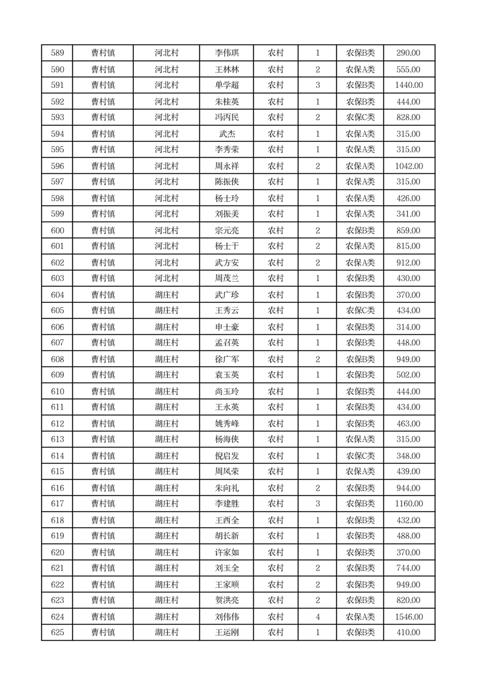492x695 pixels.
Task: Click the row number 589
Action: tap(57, 53)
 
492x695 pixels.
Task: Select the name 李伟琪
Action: tap(226, 53)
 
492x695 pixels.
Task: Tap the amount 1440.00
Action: tap(408, 85)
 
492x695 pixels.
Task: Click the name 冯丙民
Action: tap(226, 118)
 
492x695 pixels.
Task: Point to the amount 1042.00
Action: tap(408, 166)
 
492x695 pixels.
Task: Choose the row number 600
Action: tap(57, 230)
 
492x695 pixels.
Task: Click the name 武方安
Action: tap(226, 263)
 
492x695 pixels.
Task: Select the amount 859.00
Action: tap(408, 230)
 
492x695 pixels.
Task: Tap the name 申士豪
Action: tap(226, 327)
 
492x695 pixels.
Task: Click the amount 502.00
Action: tap(408, 375)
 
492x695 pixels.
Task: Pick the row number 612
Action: tap(57, 424)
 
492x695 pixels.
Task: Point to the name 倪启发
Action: tap(226, 456)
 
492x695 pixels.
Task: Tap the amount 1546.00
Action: tap(408, 617)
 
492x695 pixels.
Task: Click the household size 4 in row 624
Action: tap(317, 617)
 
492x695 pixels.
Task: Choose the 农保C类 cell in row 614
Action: tap(360, 456)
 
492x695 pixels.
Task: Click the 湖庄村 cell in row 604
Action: tap(166, 295)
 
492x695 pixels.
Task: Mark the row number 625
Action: tap(57, 633)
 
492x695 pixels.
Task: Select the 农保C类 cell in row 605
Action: tap(360, 311)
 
